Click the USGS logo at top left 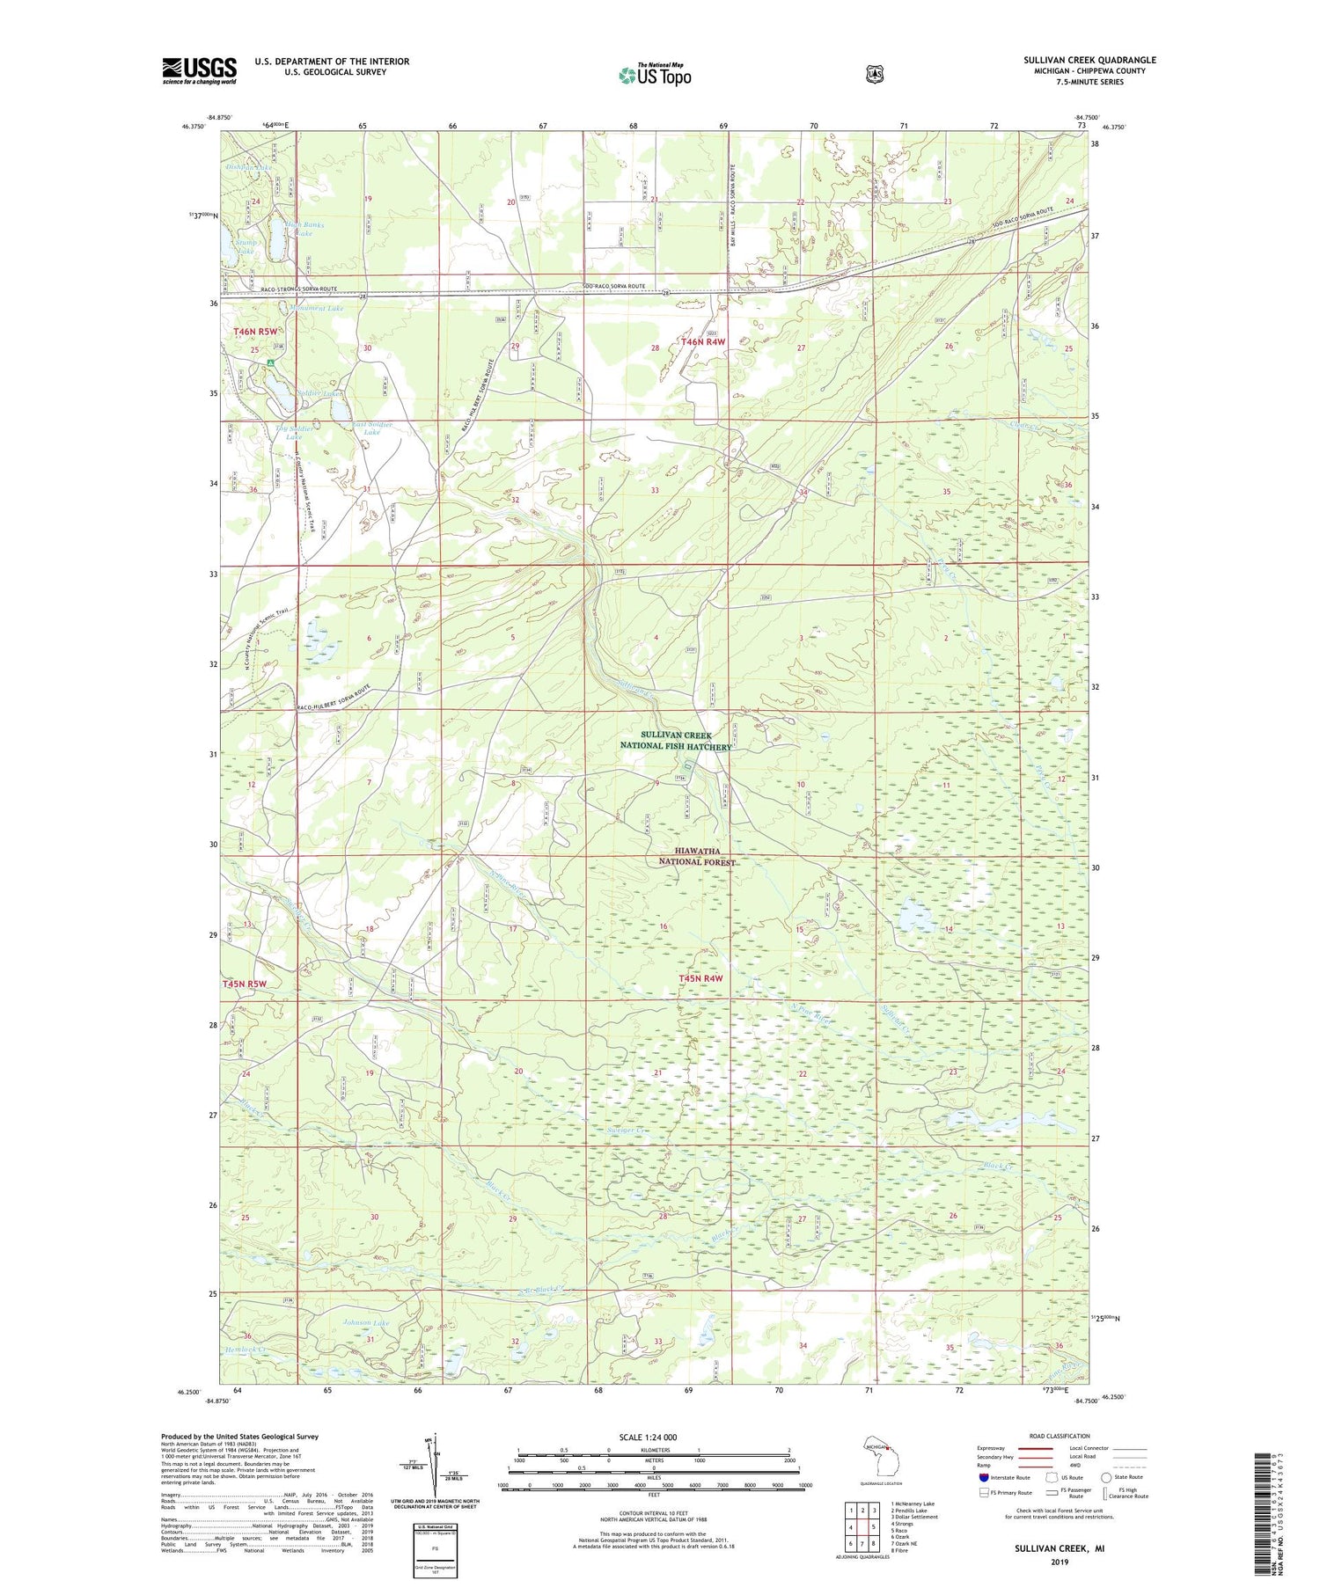coord(199,70)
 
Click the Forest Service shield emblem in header coord(874,75)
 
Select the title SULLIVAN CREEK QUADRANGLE coord(1089,61)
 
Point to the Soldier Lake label coord(319,393)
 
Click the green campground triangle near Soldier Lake coord(271,362)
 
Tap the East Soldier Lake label coord(371,428)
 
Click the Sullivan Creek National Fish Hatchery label coord(676,741)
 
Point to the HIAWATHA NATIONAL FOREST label coord(697,857)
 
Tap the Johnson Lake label coord(365,1323)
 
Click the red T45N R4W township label coord(700,978)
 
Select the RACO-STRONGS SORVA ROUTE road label coord(281,289)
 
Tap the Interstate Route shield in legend coord(983,1477)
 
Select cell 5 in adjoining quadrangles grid coord(872,1527)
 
